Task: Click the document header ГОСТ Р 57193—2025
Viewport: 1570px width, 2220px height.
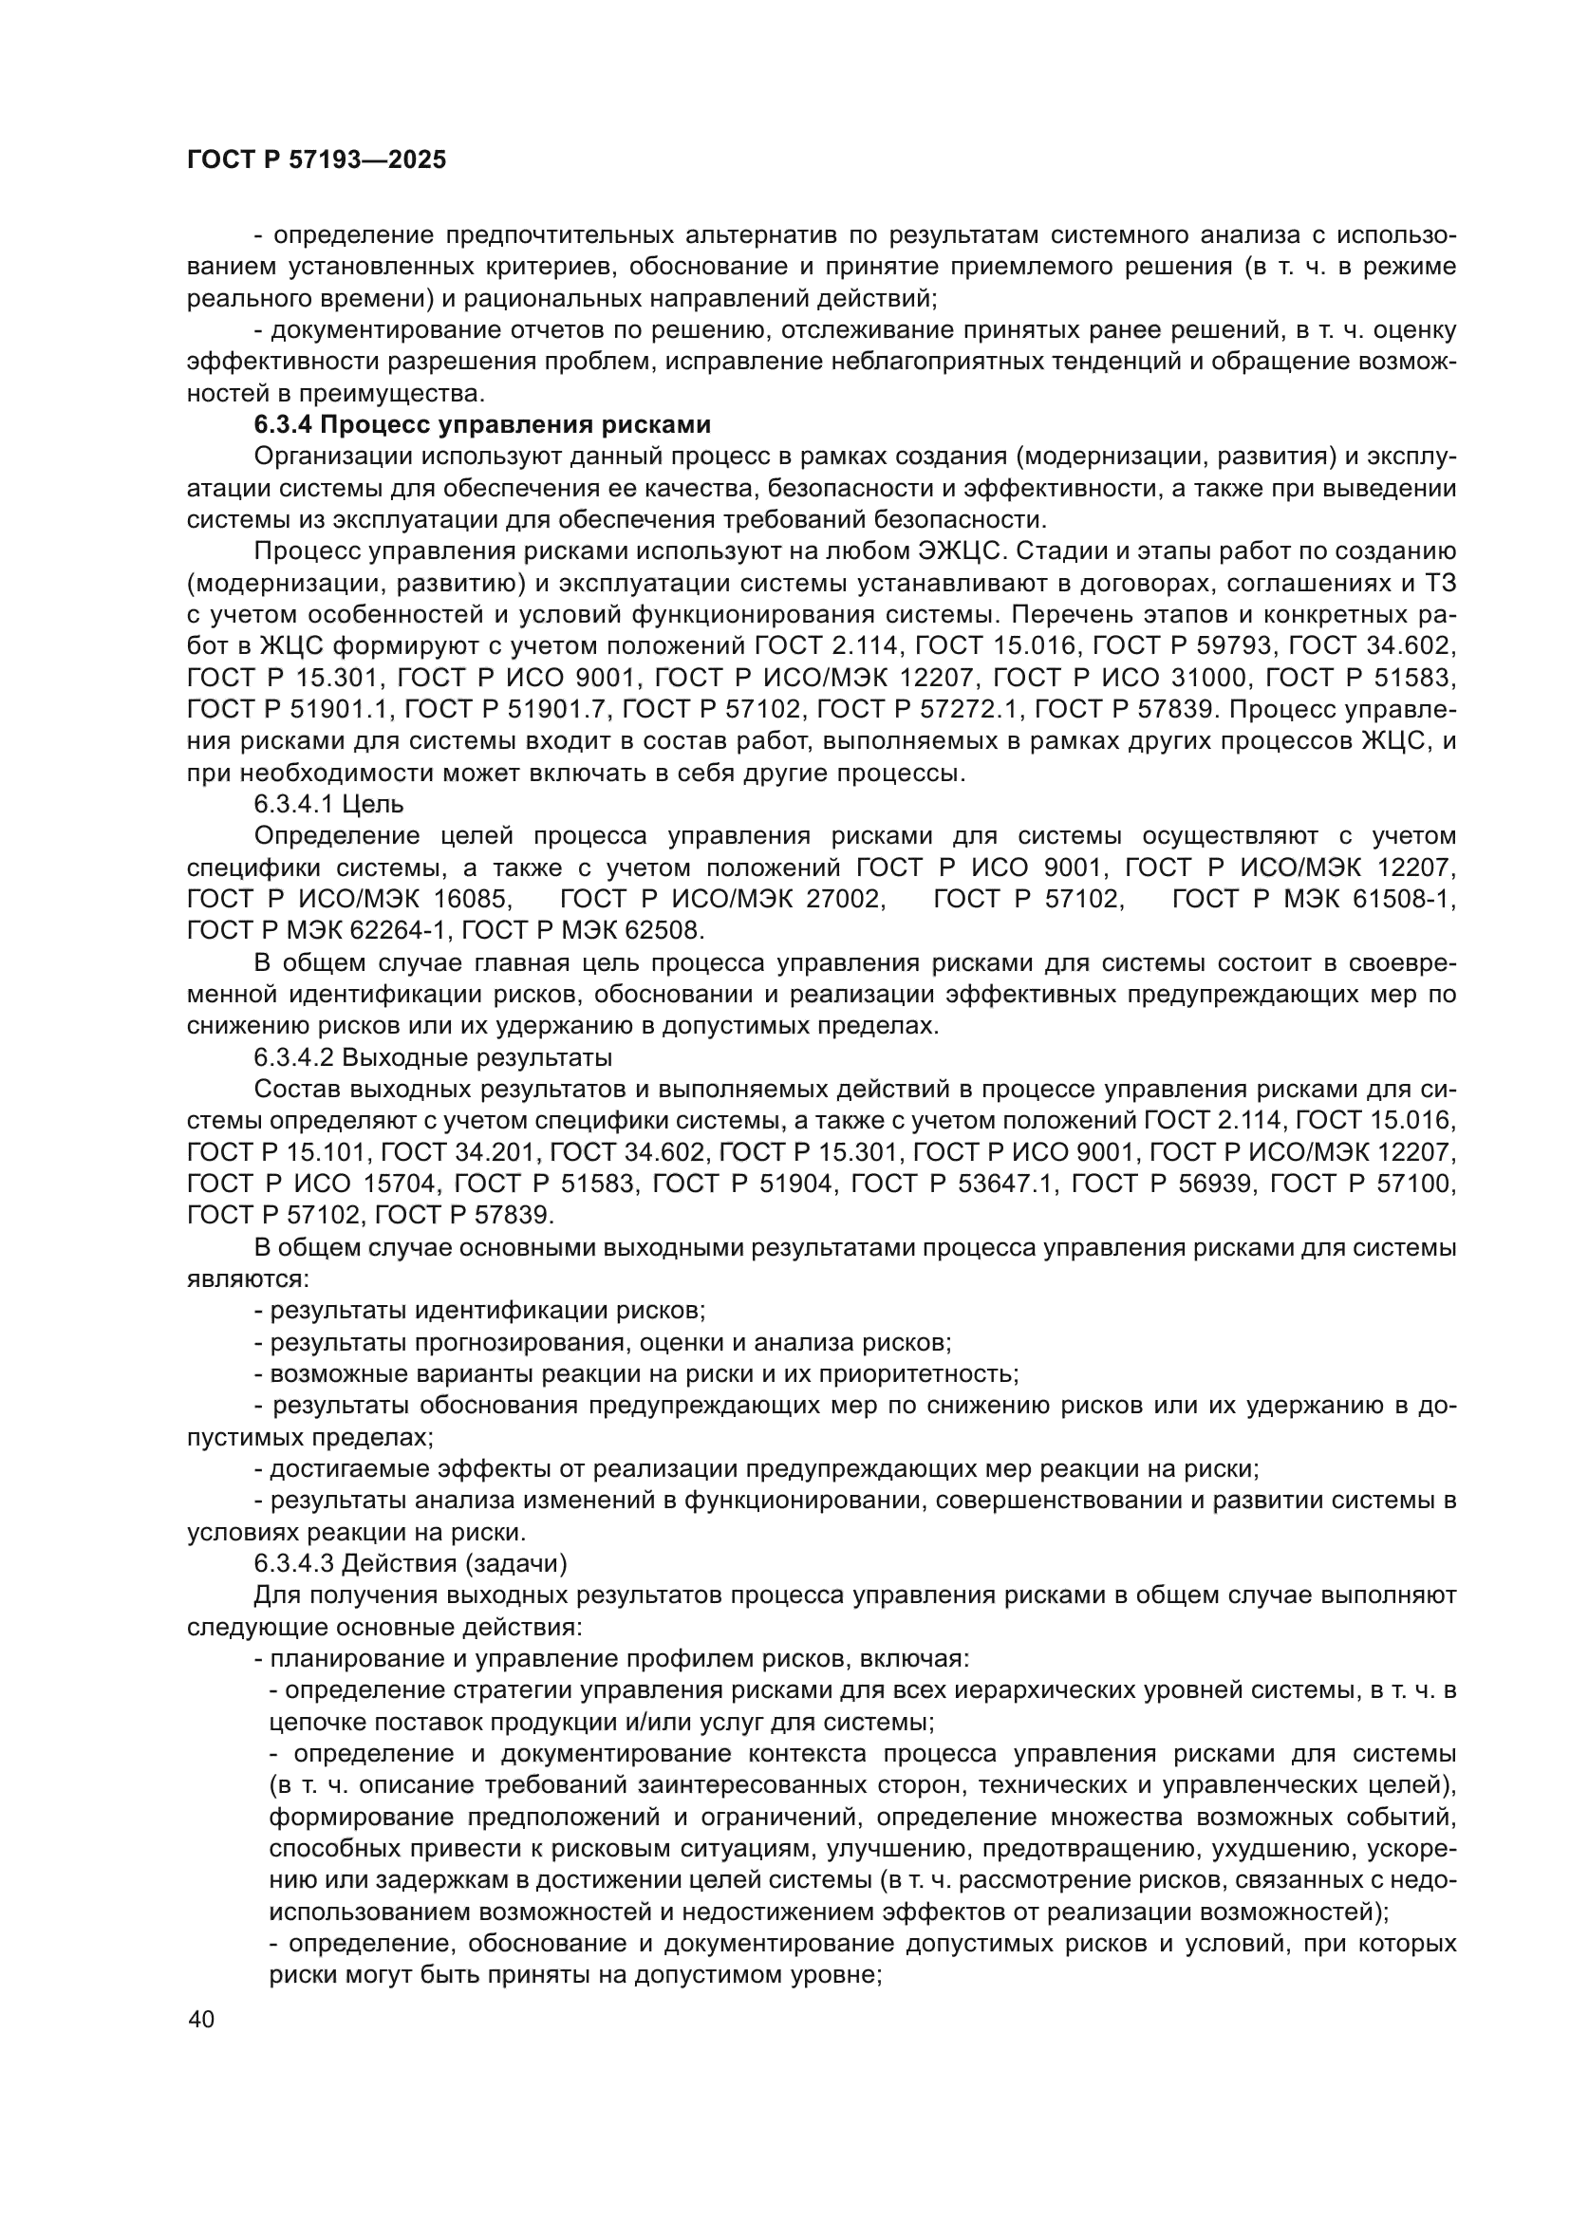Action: pos(317,160)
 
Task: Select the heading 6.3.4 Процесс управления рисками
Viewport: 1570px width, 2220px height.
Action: pos(482,425)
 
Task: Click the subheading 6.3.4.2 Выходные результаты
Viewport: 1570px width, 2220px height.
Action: pos(433,1056)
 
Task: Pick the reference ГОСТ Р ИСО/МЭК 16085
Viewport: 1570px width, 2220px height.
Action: pos(348,899)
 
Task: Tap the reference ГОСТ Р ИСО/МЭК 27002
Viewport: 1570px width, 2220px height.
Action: pos(722,899)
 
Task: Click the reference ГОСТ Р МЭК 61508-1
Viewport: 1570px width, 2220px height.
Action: pos(1314,899)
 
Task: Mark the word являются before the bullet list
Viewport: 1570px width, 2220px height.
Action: pos(247,1279)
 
